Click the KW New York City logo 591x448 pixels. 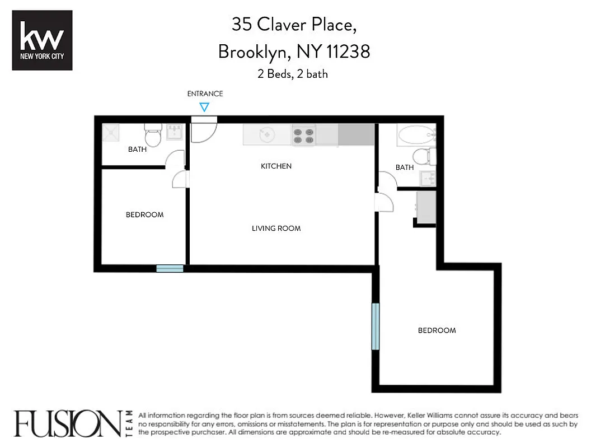click(42, 40)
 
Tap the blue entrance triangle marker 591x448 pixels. click(205, 107)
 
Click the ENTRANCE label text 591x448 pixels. click(205, 94)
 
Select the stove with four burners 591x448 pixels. click(304, 135)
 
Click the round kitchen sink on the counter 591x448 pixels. click(266, 135)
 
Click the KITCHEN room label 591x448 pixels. click(276, 166)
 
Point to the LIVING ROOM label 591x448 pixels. click(276, 228)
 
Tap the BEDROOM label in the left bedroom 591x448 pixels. click(144, 215)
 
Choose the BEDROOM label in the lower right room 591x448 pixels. click(437, 330)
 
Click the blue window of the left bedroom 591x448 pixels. click(170, 269)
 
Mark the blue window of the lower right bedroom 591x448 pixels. click(376, 326)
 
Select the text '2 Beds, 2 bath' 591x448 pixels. click(293, 74)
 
